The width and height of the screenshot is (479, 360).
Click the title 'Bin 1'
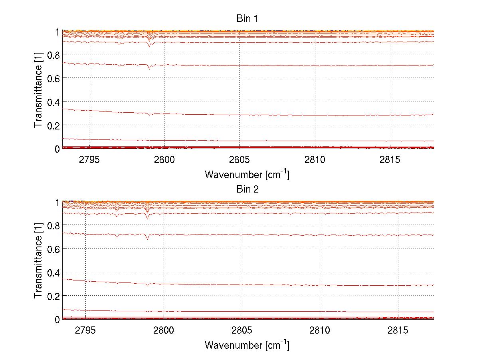[x=247, y=18]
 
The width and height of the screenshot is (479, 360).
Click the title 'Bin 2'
[x=247, y=189]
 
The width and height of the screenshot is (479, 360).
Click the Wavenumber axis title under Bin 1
[x=247, y=174]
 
